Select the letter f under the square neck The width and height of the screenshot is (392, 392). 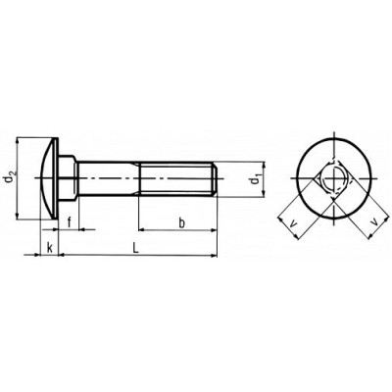pyautogui.click(x=70, y=223)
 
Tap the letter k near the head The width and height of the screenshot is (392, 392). pyautogui.click(x=50, y=248)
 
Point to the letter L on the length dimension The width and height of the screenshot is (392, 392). pyautogui.click(x=136, y=248)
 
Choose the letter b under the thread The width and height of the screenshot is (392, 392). pyautogui.click(x=182, y=223)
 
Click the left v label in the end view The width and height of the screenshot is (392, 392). pyautogui.click(x=294, y=223)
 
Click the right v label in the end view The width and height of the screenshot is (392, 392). pyautogui.click(x=375, y=222)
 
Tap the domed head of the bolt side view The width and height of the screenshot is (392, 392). pyautogui.click(x=48, y=178)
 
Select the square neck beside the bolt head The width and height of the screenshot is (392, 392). pyautogui.click(x=68, y=178)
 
